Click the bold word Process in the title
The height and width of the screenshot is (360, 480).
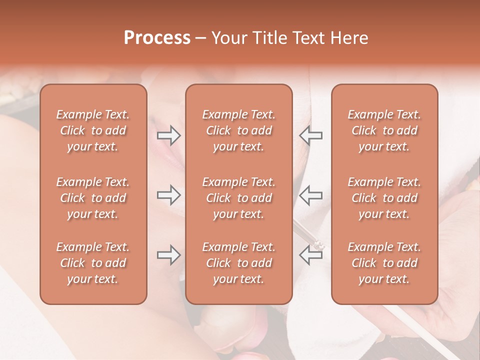click(157, 38)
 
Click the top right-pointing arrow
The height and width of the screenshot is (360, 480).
click(168, 135)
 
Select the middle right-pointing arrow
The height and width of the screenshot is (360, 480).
click(168, 195)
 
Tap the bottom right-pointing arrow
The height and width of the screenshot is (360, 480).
click(168, 255)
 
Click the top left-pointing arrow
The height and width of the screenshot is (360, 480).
click(310, 135)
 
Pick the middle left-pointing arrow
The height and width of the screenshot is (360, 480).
click(310, 195)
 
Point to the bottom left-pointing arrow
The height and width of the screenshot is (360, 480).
click(310, 255)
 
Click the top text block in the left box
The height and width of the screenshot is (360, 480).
click(93, 130)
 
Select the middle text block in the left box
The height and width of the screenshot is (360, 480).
click(93, 198)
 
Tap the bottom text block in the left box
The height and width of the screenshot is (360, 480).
click(93, 263)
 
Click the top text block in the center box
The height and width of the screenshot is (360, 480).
click(238, 130)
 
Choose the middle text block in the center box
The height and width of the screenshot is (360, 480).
click(238, 198)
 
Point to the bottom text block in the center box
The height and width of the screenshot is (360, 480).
click(238, 263)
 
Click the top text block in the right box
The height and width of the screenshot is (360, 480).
click(384, 130)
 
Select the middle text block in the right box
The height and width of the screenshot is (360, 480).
click(384, 198)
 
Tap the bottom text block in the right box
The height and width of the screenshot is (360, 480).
click(384, 263)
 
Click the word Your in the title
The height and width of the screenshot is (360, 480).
click(227, 38)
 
